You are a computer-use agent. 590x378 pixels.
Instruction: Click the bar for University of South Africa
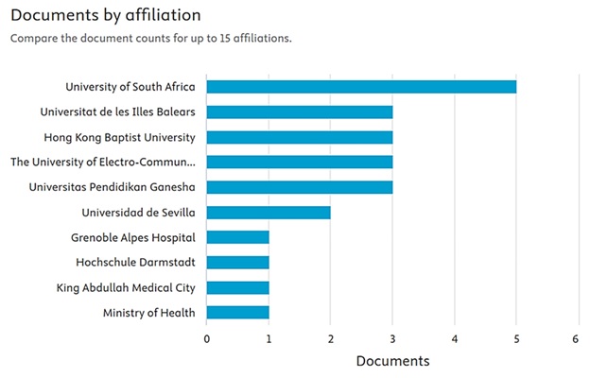[361, 87]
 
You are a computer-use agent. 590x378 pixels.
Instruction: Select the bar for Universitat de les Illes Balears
[299, 112]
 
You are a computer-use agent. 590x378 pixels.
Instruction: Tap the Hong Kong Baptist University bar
[299, 137]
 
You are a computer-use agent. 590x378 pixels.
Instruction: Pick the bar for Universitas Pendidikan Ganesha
[299, 187]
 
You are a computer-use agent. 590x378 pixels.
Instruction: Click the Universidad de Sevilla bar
[269, 212]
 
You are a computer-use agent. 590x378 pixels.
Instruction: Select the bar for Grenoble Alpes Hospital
[237, 237]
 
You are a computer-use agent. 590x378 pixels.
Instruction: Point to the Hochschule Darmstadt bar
[237, 262]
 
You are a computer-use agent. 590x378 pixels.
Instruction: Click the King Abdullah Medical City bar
[237, 287]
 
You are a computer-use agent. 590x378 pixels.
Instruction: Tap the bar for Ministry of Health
[237, 313]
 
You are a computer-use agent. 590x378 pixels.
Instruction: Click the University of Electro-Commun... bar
[299, 162]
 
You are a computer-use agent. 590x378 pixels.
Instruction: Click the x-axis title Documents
[392, 361]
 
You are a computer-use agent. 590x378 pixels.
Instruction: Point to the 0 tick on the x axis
[207, 337]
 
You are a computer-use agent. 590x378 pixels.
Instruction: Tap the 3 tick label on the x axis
[392, 337]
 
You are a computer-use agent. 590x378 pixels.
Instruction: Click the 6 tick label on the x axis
[578, 337]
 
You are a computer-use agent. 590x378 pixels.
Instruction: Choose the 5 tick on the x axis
[516, 337]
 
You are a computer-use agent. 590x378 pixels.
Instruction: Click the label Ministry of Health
[148, 313]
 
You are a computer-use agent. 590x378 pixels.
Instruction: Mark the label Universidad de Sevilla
[138, 212]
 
